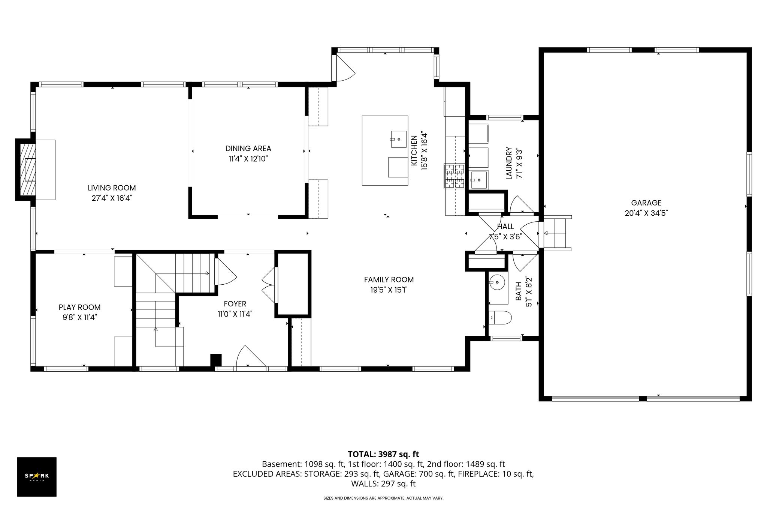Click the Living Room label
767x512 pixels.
pos(112,188)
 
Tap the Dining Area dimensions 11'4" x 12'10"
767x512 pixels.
pos(248,159)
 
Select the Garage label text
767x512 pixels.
pos(646,203)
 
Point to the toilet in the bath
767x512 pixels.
pos(500,318)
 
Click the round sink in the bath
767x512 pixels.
pos(497,282)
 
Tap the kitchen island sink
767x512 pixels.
pos(399,139)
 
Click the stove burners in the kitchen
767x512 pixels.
pos(455,176)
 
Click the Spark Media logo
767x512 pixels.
pos(37,477)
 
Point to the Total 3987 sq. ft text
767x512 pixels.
pos(383,455)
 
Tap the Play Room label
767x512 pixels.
pos(79,307)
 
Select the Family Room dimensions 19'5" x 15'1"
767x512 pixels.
pos(389,290)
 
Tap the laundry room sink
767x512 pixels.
pos(478,180)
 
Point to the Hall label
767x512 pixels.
pos(505,227)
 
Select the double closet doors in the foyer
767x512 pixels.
pos(269,285)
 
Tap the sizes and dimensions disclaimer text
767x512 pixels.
pos(383,498)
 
